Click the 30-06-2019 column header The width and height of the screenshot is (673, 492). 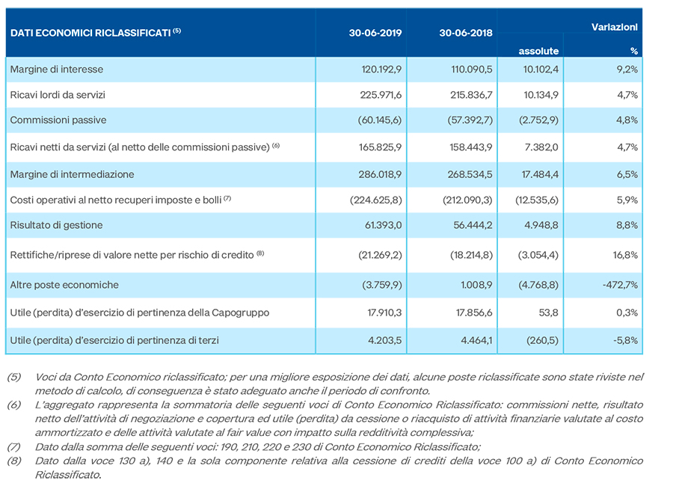[375, 33]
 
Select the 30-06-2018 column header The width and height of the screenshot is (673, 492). [466, 33]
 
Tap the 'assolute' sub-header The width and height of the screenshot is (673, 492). [538, 51]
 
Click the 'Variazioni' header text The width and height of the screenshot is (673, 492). [614, 27]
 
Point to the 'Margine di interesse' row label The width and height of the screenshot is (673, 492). [57, 70]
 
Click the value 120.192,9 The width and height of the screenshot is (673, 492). [381, 70]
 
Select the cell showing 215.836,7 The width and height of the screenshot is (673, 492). [471, 95]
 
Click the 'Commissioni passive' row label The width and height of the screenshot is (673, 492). [58, 120]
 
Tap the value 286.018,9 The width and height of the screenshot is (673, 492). [381, 175]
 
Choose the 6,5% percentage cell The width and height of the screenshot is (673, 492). [627, 175]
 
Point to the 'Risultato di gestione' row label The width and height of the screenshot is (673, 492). [56, 225]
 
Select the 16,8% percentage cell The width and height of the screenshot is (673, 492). [625, 256]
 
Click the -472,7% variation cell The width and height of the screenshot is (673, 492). [620, 285]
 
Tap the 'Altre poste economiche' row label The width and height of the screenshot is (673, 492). [64, 285]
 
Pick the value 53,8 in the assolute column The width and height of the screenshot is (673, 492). [549, 313]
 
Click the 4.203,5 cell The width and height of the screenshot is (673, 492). [385, 341]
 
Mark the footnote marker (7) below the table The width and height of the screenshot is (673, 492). [13, 447]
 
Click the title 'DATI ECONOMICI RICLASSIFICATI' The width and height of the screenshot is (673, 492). [90, 34]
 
